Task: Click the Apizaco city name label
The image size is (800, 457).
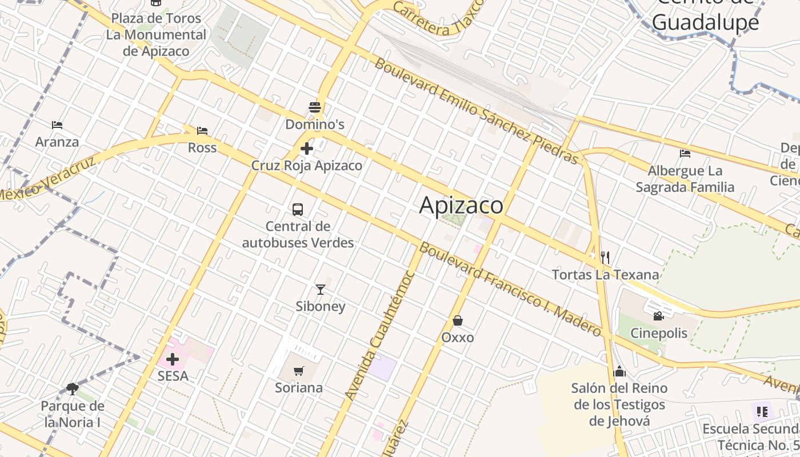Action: click(x=461, y=205)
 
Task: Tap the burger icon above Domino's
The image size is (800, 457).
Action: click(x=314, y=107)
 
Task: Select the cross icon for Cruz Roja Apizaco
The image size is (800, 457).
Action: click(x=307, y=149)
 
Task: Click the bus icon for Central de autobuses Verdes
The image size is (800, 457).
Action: click(x=298, y=209)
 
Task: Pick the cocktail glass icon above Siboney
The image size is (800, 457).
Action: click(x=320, y=290)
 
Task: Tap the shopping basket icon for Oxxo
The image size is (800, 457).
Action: click(x=457, y=320)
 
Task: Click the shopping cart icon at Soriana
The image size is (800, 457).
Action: click(x=298, y=371)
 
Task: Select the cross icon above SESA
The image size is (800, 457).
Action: click(x=172, y=359)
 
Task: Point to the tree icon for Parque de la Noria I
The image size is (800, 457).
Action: click(x=72, y=389)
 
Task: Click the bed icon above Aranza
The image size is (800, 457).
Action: click(x=57, y=125)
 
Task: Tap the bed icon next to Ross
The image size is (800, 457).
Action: click(x=202, y=131)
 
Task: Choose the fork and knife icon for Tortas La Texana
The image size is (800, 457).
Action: click(x=605, y=258)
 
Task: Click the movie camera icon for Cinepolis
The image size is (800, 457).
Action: click(x=658, y=316)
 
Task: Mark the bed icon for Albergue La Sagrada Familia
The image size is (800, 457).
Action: click(x=685, y=153)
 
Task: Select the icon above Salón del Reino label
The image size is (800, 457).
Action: click(x=619, y=372)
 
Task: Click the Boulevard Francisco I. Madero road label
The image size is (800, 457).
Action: click(x=510, y=290)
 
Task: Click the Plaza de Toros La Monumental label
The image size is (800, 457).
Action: click(x=155, y=34)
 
